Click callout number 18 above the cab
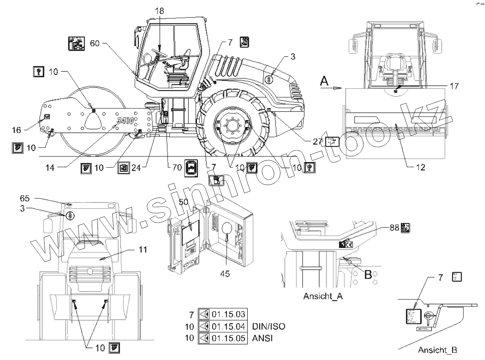pos(159,11)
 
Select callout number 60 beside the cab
pos(95,43)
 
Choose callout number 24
pos(136,167)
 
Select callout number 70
pos(176,167)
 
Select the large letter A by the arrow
pos(324,81)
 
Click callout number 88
pos(394,227)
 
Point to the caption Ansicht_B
pos(437,350)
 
